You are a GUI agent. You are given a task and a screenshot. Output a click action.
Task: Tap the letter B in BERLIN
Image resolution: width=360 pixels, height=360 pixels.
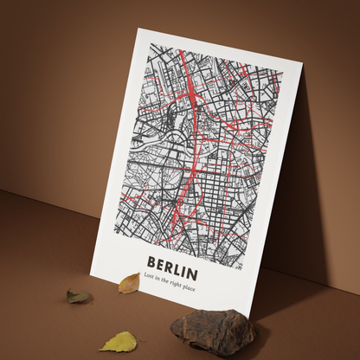(152, 260)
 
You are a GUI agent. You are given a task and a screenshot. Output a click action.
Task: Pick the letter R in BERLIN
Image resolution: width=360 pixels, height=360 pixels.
(170, 262)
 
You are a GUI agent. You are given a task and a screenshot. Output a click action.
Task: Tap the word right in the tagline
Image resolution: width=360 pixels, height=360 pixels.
(183, 280)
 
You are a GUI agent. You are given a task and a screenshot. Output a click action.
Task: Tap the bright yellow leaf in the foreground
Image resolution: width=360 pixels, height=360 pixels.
(119, 342)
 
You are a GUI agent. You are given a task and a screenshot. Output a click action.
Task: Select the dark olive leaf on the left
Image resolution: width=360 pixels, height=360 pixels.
(79, 297)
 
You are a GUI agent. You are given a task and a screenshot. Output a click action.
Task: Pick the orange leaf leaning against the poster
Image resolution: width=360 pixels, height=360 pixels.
(129, 283)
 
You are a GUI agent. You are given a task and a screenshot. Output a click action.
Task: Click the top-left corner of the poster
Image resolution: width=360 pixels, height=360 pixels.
(138, 28)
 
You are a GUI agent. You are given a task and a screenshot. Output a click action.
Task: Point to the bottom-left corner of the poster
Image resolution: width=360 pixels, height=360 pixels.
(92, 269)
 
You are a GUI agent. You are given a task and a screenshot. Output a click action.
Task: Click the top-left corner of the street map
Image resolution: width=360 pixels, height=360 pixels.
(145, 41)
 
